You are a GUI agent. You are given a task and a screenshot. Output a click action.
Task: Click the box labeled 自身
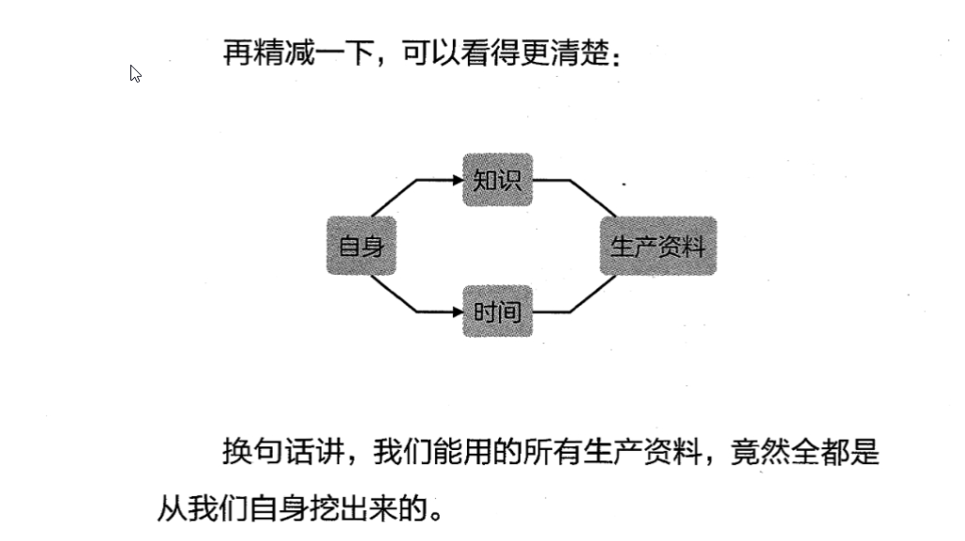(x=361, y=246)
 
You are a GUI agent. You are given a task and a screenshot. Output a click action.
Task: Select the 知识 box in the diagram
(x=497, y=179)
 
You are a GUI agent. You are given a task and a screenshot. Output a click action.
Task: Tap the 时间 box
(x=497, y=311)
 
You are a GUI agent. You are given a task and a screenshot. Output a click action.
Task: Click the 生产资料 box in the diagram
(x=657, y=246)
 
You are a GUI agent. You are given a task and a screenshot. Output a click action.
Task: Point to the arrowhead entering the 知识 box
(x=458, y=179)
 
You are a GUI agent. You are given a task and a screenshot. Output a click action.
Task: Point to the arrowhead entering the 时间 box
(x=458, y=311)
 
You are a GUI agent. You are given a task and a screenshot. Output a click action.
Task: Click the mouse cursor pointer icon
(x=135, y=73)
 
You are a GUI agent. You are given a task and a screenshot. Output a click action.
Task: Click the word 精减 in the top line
(x=283, y=53)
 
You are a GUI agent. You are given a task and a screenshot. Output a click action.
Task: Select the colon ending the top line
(x=615, y=56)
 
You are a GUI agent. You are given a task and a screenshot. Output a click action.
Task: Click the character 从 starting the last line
(x=171, y=509)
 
